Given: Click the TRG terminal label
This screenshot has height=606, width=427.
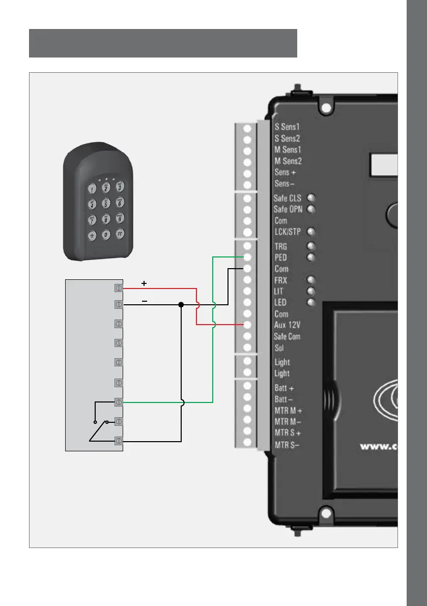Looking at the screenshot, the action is [x=281, y=246].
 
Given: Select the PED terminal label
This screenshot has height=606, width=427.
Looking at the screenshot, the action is [x=281, y=257].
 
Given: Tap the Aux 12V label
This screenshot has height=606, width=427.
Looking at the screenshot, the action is [x=288, y=325].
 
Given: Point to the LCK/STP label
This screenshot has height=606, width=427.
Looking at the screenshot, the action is [x=288, y=232].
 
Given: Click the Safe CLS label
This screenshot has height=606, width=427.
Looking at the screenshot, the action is [x=288, y=198].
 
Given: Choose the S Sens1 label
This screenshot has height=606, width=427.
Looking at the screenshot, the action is [x=288, y=127].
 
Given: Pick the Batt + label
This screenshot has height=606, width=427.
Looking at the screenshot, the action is [x=285, y=388].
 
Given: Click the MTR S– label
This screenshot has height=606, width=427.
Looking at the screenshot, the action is [x=287, y=444].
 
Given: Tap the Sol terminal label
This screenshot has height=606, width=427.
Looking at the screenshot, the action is [x=279, y=349].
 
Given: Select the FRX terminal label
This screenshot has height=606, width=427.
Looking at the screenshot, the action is [x=281, y=280].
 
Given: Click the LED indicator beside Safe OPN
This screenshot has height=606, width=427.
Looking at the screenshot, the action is [x=310, y=209].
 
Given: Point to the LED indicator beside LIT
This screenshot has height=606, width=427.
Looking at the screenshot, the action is [x=310, y=291].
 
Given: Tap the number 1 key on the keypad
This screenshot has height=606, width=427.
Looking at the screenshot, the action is [x=92, y=189].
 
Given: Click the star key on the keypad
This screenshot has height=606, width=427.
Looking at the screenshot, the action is [x=92, y=236].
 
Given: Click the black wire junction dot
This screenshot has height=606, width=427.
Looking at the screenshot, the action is [x=181, y=305].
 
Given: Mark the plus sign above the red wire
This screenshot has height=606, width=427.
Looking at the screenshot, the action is [x=144, y=282].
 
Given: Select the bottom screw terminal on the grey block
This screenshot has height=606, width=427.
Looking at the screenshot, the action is [x=119, y=441].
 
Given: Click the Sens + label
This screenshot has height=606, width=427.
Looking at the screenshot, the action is [x=282, y=172].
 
